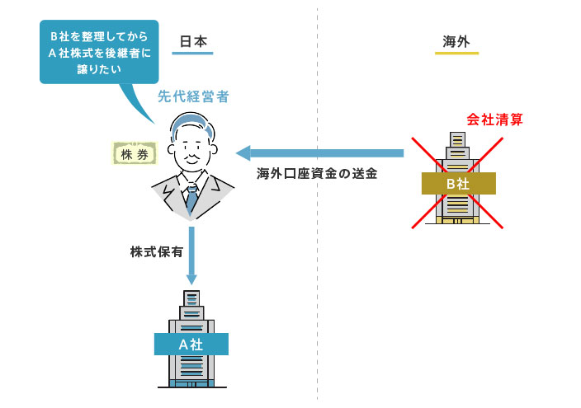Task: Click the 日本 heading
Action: (x=193, y=40)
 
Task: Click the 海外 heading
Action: (x=456, y=40)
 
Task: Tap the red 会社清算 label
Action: (x=494, y=120)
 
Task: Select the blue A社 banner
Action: (x=191, y=344)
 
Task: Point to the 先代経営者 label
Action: (x=193, y=96)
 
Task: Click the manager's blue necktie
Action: (x=191, y=198)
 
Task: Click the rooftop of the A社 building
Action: (x=191, y=295)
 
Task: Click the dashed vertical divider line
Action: (x=317, y=272)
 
